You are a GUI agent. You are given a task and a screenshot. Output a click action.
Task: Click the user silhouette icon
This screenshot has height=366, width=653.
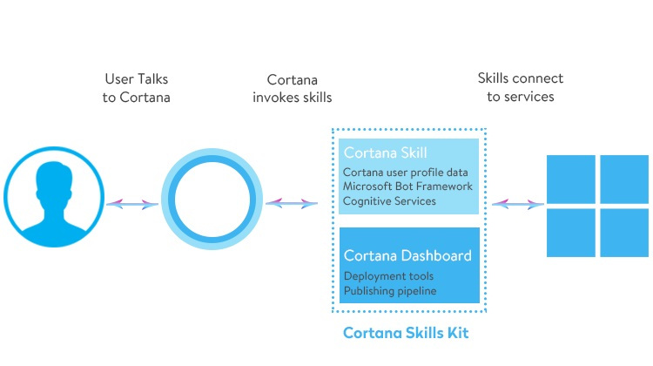pos(54,197)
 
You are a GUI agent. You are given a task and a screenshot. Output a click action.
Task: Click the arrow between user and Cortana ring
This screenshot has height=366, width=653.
pos(132,204)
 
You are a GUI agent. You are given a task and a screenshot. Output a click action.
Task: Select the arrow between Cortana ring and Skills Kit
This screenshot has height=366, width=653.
pos(292,203)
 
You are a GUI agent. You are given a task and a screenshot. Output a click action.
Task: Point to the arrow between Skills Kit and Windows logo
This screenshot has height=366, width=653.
pos(518,204)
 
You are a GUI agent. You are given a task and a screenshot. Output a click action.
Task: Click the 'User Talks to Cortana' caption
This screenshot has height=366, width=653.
pos(137,88)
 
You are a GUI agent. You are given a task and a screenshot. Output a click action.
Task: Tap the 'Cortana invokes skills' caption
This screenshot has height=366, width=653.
pos(293,88)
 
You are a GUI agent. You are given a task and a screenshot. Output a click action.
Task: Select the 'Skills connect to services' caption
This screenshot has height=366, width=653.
pos(521,87)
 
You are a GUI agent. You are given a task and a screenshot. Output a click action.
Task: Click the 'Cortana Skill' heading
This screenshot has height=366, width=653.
pos(385,152)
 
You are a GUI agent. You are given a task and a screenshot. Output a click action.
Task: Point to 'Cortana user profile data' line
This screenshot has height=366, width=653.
pos(405,173)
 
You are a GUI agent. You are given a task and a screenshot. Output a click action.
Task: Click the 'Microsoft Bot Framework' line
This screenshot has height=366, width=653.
pos(407,186)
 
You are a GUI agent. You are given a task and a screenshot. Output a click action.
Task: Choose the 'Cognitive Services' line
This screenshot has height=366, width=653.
pos(389,201)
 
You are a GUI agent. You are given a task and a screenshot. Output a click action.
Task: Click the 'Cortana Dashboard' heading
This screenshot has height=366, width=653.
pos(407,255)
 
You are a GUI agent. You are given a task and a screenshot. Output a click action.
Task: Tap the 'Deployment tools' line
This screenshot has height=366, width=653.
pos(388,276)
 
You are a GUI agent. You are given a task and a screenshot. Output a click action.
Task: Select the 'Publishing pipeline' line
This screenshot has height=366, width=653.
pos(390,290)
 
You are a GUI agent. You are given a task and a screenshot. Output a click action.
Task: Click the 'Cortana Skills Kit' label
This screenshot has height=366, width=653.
pos(406,333)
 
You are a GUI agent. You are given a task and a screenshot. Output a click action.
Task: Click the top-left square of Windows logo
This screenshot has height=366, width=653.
pos(570,180)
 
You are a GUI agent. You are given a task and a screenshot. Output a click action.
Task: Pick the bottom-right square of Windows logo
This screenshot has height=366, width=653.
pos(624,233)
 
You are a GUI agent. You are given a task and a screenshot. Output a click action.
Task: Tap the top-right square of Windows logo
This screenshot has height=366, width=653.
pos(624,180)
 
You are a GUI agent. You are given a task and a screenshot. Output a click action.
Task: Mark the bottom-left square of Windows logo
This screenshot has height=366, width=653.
pos(570,233)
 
